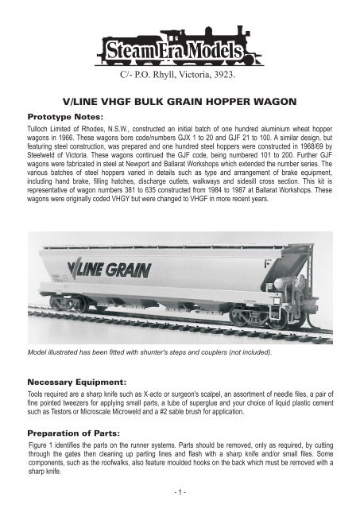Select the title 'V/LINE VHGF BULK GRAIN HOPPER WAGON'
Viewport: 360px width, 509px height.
(179, 102)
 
